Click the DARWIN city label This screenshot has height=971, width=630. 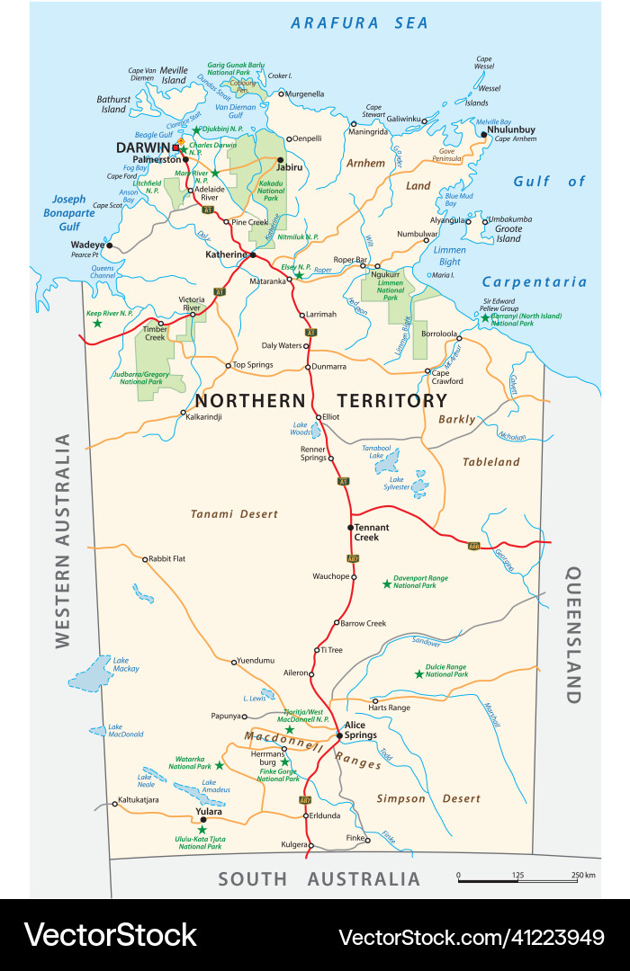click(143, 147)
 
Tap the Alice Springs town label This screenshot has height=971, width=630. click(355, 730)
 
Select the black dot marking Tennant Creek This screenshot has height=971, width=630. click(350, 527)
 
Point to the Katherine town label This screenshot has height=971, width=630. click(226, 254)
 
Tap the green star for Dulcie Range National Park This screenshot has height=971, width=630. click(418, 673)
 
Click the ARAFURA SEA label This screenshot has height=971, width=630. click(359, 23)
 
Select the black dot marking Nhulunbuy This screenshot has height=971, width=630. click(484, 136)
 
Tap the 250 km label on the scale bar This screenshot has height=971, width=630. click(581, 875)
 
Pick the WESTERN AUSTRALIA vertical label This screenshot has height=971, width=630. click(62, 540)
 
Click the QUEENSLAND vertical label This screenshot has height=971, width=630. click(572, 635)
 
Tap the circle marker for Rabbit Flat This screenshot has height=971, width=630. click(145, 559)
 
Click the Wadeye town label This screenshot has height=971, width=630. click(88, 245)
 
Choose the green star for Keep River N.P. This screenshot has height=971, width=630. click(97, 323)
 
